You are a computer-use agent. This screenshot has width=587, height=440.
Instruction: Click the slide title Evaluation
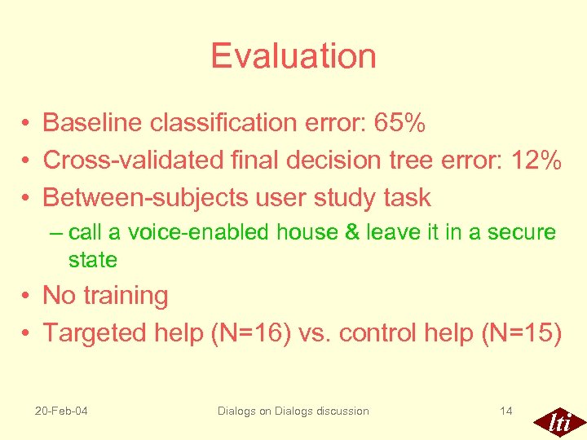coord(293,56)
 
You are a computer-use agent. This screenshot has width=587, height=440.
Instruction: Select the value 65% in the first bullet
coord(399,123)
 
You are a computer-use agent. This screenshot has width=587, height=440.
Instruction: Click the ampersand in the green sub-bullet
coord(352,233)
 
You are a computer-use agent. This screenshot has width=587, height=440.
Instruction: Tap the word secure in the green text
coord(522,233)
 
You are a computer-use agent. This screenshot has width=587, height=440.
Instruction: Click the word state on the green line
coord(93,261)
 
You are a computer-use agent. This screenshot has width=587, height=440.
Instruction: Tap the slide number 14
coord(506,411)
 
